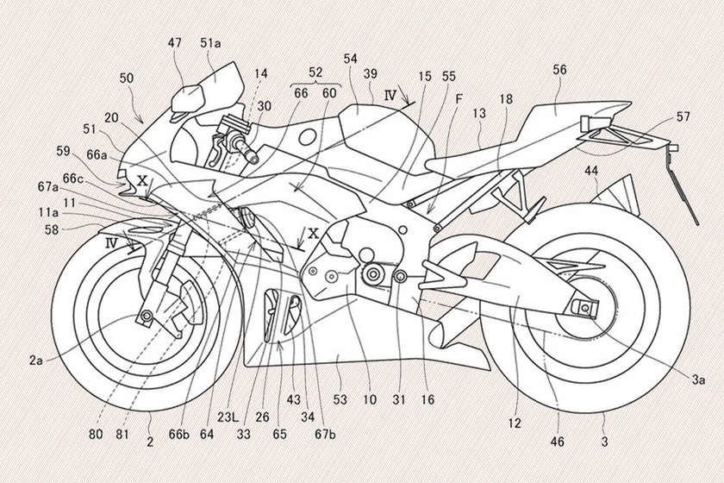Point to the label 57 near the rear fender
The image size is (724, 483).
coord(683,115)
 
